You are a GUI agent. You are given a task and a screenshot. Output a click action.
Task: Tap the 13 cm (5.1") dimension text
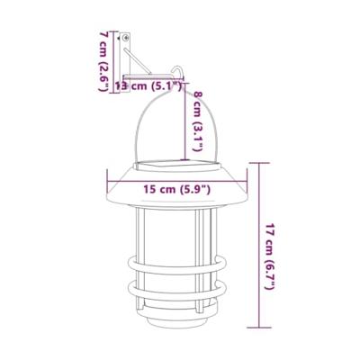pyautogui.click(x=149, y=87)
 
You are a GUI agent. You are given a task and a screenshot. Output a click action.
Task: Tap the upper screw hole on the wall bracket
pyautogui.click(x=126, y=40)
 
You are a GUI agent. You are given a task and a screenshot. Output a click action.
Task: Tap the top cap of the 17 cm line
pyautogui.click(x=259, y=162)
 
